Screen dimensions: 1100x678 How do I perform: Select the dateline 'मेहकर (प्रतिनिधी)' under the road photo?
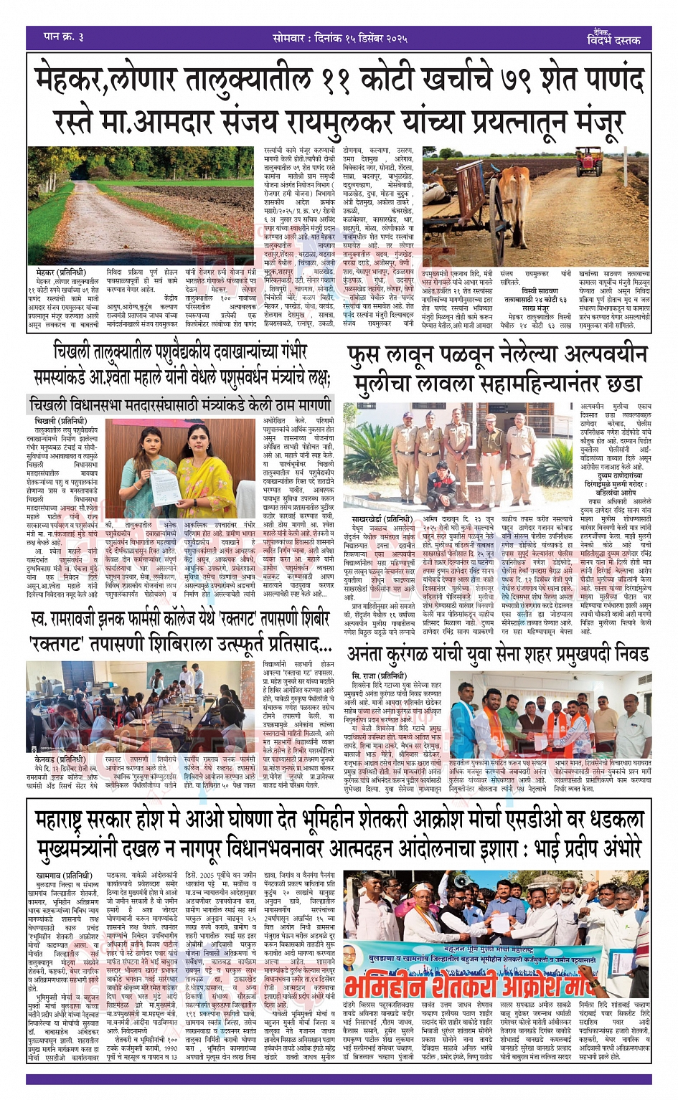60,273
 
